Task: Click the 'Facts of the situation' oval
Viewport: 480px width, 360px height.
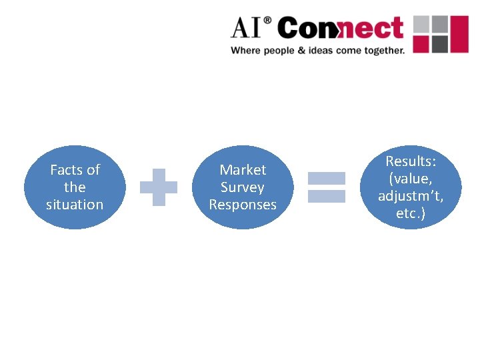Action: (75, 187)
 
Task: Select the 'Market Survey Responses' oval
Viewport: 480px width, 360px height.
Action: (243, 187)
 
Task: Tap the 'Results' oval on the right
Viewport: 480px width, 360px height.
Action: (411, 187)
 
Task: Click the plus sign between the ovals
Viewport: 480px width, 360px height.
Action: (159, 186)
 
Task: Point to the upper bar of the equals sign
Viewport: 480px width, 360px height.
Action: (326, 178)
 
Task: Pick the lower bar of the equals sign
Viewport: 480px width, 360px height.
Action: (326, 196)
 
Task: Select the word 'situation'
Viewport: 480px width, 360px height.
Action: (75, 205)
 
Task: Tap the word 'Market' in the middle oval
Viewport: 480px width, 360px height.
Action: (243, 170)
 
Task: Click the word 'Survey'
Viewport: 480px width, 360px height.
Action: (243, 187)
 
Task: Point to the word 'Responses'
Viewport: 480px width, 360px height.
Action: (243, 205)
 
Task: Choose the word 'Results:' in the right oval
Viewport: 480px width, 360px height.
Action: (411, 161)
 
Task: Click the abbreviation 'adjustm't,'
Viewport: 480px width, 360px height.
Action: (411, 196)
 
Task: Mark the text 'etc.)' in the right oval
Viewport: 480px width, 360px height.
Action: (411, 213)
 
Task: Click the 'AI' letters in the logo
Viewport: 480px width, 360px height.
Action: (247, 29)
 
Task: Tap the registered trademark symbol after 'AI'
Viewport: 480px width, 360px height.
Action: (268, 21)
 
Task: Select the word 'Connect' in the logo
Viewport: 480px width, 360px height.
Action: (340, 29)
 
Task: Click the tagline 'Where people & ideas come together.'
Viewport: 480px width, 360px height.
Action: (317, 50)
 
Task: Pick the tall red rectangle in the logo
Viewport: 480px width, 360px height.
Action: (460, 34)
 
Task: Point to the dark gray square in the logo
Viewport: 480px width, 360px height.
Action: (439, 44)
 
